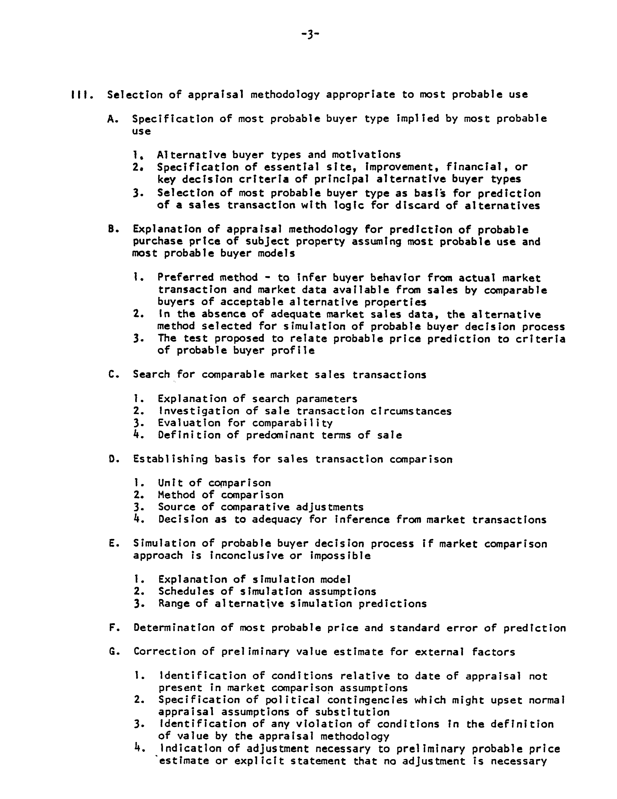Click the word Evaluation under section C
(188, 423)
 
